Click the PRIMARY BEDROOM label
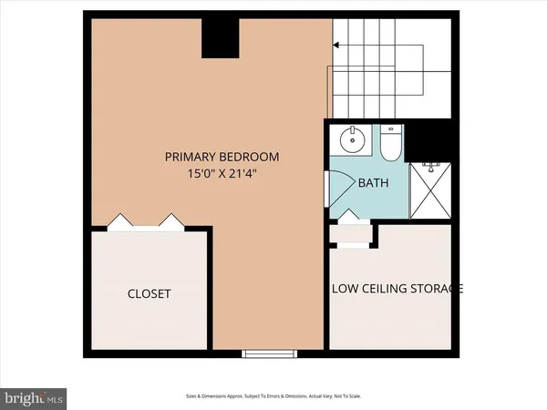tap(222, 157)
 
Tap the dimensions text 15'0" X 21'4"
tap(222, 173)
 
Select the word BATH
tap(372, 183)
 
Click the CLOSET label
tap(149, 294)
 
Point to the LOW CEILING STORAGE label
tap(397, 289)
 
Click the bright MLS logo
tap(34, 398)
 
